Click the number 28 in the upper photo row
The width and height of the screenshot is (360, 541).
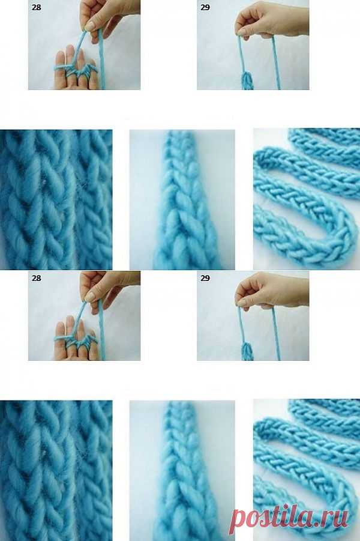click(x=36, y=7)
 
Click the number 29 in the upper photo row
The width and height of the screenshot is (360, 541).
click(x=205, y=7)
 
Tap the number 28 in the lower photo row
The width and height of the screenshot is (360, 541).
click(x=36, y=278)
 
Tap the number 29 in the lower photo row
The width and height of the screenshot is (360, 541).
click(x=205, y=278)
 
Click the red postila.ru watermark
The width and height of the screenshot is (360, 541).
click(x=289, y=518)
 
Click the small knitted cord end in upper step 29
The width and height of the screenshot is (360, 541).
click(x=247, y=80)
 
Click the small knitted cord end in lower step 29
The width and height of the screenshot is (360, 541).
click(x=247, y=352)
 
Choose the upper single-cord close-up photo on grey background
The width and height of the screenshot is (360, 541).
click(x=182, y=199)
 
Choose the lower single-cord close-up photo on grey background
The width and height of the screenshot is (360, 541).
click(x=182, y=471)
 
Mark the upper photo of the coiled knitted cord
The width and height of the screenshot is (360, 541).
click(x=307, y=199)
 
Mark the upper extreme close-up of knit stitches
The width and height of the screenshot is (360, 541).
click(x=56, y=199)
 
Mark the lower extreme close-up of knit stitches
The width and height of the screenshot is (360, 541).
click(x=56, y=471)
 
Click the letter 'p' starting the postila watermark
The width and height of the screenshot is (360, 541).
click(x=239, y=522)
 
